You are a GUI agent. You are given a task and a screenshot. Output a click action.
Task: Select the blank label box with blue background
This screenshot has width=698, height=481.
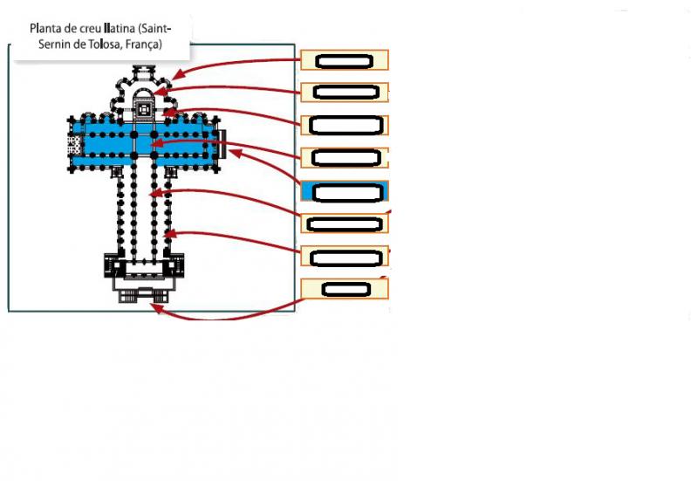click(x=345, y=191)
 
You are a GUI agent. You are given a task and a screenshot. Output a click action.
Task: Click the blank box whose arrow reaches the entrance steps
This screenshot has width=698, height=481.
click(x=345, y=289)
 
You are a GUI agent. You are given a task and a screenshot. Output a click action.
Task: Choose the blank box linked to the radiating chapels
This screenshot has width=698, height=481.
click(x=345, y=60)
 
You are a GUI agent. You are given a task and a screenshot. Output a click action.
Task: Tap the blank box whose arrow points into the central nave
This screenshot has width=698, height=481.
click(x=345, y=223)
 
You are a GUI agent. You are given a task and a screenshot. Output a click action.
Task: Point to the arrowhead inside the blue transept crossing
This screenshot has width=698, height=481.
click(x=156, y=143)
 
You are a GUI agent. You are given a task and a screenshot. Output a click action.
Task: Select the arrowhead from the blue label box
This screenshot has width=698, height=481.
click(x=234, y=153)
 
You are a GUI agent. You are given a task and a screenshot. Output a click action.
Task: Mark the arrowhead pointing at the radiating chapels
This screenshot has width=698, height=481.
click(x=177, y=75)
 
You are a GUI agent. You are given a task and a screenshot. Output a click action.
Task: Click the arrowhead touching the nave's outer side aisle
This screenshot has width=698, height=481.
click(x=170, y=233)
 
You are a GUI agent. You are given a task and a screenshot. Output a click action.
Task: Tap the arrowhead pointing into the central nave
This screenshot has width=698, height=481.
click(x=155, y=194)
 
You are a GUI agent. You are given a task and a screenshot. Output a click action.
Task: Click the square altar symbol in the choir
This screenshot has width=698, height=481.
click(x=144, y=110)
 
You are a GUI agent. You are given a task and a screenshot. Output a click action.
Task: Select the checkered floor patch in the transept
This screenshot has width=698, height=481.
click(x=74, y=145)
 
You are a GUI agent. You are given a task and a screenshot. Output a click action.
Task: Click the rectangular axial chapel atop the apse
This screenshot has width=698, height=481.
click(x=144, y=72)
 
